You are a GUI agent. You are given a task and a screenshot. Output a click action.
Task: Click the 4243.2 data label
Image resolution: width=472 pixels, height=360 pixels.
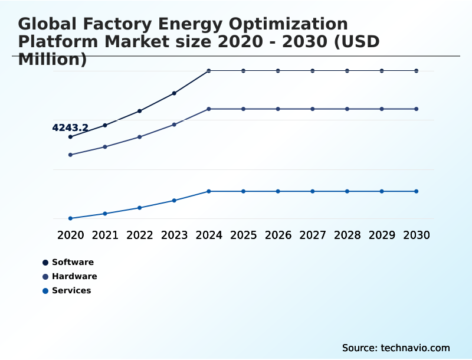coord(70,127)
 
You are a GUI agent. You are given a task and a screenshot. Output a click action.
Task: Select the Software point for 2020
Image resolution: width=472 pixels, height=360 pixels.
coord(70,137)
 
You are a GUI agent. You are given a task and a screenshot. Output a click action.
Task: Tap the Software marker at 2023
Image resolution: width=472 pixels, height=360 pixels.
coord(174,93)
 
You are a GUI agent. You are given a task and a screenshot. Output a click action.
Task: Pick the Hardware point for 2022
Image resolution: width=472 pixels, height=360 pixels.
coord(140,137)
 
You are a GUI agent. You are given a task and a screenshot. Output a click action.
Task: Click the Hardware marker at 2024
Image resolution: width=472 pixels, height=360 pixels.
coord(209,109)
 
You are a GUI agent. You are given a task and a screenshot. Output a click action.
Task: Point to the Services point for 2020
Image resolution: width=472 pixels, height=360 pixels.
coord(70,218)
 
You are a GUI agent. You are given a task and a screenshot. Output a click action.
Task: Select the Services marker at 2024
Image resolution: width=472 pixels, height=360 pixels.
coord(209,191)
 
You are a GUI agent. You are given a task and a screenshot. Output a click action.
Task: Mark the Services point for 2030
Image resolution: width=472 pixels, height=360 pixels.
coord(417,191)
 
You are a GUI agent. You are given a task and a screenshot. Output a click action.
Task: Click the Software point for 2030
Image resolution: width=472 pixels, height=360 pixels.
coord(417,71)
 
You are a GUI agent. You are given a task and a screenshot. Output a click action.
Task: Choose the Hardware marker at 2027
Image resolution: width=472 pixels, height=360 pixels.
coord(313,109)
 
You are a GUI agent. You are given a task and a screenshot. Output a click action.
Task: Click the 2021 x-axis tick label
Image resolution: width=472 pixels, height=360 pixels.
coord(105,235)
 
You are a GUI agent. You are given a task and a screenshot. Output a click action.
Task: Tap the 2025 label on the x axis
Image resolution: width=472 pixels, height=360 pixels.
coord(244,235)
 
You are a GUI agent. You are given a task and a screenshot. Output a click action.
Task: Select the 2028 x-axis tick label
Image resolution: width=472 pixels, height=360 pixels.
coord(348,235)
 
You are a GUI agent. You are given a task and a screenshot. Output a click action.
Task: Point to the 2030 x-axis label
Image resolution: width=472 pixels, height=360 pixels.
coord(417,235)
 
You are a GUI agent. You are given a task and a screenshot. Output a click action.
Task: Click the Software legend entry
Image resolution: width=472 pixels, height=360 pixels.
coord(72,262)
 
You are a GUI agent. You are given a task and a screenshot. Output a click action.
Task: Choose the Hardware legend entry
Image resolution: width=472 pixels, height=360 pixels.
coord(74,276)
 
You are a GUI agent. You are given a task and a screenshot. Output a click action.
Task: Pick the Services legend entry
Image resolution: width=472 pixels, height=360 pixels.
coord(71,290)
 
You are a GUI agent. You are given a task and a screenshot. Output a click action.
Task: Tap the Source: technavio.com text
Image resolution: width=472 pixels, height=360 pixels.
coord(396,348)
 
